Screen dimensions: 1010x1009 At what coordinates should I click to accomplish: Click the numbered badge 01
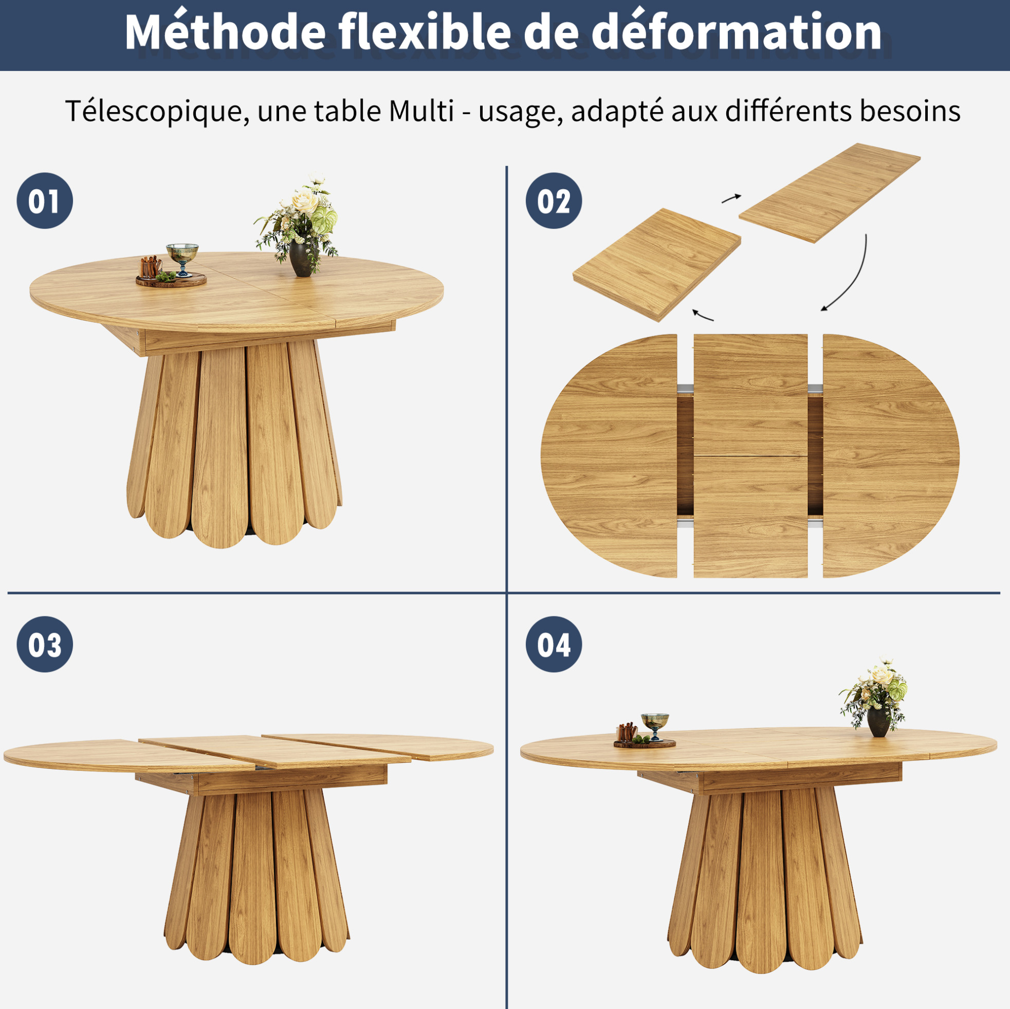point(44,201)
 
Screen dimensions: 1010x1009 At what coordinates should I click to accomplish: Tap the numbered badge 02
point(554,201)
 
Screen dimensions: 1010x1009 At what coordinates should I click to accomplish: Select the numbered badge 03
point(44,644)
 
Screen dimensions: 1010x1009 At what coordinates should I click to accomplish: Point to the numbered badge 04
point(554,644)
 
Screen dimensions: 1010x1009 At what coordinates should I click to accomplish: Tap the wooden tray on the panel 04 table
point(644,743)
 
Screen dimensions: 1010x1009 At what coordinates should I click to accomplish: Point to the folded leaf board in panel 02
point(656,265)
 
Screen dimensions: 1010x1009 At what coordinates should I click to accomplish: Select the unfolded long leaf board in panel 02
point(829,193)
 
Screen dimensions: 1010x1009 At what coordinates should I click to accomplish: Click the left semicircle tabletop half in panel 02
point(609,456)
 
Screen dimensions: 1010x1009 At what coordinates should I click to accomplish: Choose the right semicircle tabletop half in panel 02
point(891,456)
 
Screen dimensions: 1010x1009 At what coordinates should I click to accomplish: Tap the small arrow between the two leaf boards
point(731,198)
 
